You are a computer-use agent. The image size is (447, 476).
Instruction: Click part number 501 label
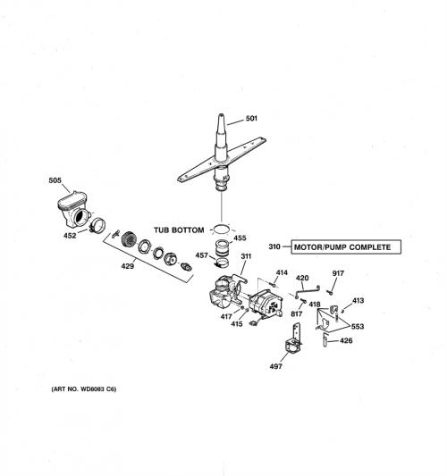251,118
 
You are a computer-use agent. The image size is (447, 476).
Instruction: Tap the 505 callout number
55,180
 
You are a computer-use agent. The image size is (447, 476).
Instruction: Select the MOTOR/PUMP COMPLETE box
346,247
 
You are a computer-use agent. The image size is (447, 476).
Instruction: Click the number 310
274,246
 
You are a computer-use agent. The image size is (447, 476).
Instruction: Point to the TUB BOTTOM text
179,230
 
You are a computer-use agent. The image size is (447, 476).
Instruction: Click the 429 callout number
128,266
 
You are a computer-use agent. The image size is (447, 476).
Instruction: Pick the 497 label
276,366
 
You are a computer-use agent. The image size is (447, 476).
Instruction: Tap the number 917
338,273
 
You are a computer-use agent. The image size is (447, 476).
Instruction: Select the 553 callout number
358,326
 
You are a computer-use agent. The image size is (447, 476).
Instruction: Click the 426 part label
346,340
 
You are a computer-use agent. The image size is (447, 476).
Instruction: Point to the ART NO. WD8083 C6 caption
84,388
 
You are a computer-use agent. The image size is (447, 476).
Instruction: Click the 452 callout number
70,236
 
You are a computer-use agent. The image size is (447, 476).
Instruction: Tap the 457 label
202,255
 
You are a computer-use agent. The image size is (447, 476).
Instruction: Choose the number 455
240,238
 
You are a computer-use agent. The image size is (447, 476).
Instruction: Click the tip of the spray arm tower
221,114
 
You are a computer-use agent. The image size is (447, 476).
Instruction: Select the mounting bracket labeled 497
294,339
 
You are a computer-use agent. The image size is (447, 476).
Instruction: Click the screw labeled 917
329,292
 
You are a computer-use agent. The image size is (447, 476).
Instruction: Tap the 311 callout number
246,256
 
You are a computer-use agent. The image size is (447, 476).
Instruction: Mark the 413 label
358,301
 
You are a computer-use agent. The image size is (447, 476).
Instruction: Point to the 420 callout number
302,278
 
